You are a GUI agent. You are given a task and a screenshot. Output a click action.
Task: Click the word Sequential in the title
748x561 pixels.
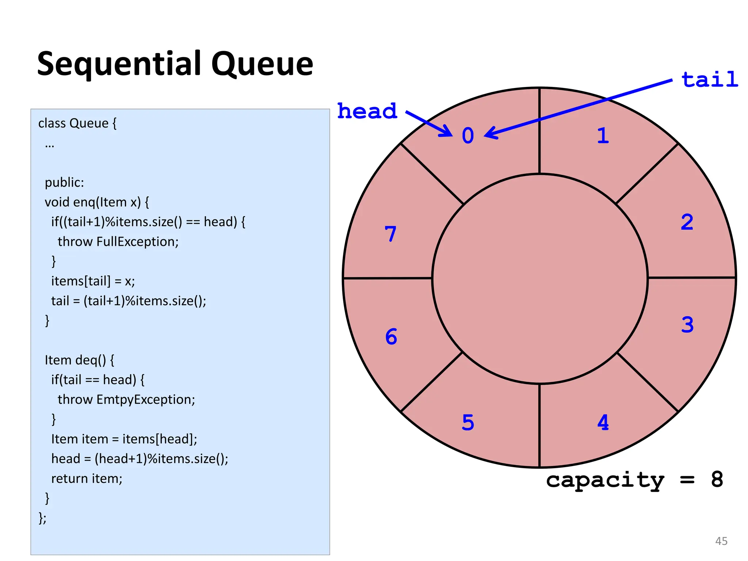coord(121,64)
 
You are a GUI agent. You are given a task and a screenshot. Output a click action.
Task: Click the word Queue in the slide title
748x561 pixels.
coord(262,64)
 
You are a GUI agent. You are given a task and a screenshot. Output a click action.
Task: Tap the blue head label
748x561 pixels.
coord(367,111)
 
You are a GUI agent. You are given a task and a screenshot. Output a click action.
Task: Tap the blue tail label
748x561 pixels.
coord(710,80)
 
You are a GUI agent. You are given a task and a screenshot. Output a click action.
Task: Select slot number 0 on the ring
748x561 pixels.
coord(468,136)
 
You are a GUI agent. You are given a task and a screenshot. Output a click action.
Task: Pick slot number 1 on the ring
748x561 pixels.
coord(603,136)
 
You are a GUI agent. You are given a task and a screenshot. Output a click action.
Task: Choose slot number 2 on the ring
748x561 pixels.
coord(687,222)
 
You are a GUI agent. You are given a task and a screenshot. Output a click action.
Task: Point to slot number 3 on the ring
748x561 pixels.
coord(687,325)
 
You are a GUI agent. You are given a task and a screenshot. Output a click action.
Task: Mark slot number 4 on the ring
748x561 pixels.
coord(603,423)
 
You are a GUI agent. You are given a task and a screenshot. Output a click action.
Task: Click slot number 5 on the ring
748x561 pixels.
coord(468,423)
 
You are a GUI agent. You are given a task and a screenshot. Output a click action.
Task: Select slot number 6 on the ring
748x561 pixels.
coord(391,336)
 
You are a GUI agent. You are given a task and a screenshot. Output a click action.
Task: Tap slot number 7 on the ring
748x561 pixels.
coord(390,234)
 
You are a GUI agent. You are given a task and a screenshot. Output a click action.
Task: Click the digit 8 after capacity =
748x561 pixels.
coord(717,479)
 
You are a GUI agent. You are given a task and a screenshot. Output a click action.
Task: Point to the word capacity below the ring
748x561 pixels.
coord(605,480)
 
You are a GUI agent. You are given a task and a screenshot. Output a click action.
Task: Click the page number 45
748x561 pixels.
coord(721,541)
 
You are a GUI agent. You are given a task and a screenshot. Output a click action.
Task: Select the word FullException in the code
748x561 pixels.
coord(137,242)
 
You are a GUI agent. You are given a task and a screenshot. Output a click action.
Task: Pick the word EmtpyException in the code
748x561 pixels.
coord(146,400)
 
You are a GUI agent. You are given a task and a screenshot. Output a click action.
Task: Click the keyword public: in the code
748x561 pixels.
coord(64,183)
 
